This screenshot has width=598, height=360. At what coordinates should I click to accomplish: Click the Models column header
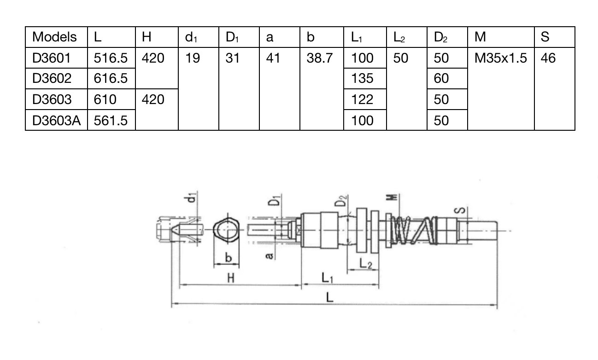pyautogui.click(x=54, y=37)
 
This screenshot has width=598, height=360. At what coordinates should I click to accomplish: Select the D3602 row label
pyautogui.click(x=52, y=78)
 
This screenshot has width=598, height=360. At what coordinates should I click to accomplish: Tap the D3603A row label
pyautogui.click(x=56, y=121)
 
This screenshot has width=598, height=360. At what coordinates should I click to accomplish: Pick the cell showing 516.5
pyautogui.click(x=111, y=58)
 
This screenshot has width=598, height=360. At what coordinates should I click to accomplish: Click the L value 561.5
pyautogui.click(x=111, y=121)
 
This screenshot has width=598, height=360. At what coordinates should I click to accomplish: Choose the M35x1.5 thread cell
pyautogui.click(x=500, y=58)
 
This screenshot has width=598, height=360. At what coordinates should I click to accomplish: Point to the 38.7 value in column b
pyautogui.click(x=320, y=58)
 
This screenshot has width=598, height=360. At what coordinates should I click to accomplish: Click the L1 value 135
pyautogui.click(x=362, y=78)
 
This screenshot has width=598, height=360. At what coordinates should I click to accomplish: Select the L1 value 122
pyautogui.click(x=362, y=99)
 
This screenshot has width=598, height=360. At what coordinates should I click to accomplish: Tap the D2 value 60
pyautogui.click(x=441, y=78)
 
